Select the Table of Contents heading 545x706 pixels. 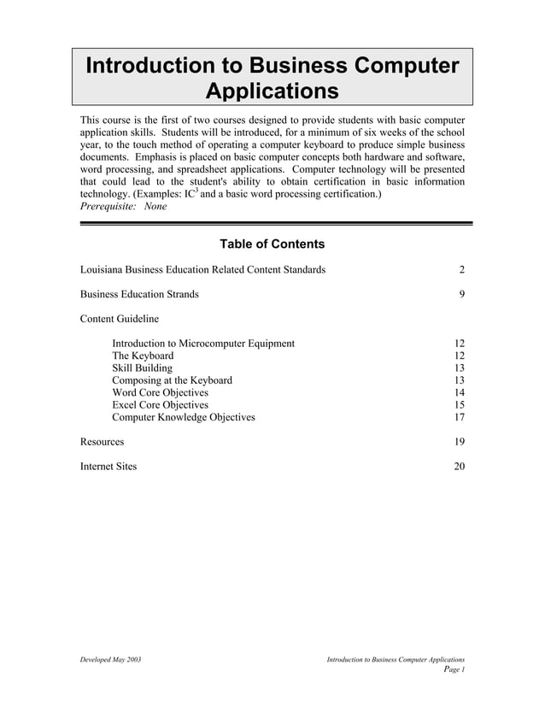pos(272,244)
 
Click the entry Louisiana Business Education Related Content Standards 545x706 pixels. pos(202,270)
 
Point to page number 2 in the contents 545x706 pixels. pos(461,270)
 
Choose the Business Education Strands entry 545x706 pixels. pos(139,294)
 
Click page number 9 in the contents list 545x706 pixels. pos(461,294)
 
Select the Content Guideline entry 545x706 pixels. pos(119,319)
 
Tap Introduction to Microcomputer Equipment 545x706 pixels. pos(203,344)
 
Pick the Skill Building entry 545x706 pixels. pos(142,368)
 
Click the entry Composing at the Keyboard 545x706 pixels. pos(172,380)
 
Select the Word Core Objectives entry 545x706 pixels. pos(160,392)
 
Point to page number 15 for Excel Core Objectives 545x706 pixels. pos(459,405)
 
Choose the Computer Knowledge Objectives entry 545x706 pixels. pos(183,417)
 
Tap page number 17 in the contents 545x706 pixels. pos(459,417)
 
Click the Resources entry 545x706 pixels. pos(102,442)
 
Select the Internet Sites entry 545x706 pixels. pos(108,467)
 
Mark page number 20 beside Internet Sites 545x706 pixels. pos(459,467)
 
